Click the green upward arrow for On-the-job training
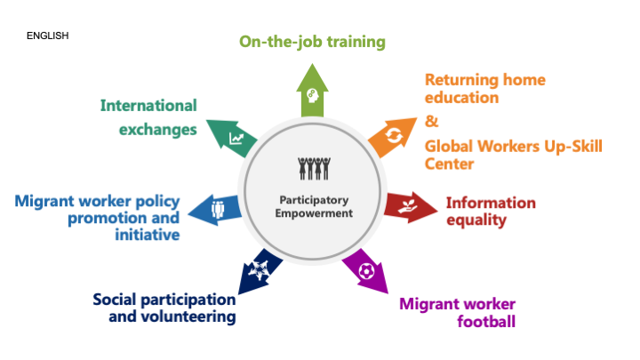[312, 92]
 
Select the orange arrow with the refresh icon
[393, 137]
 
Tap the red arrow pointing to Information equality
[410, 207]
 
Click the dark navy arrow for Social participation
[260, 271]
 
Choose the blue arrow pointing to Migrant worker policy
[215, 210]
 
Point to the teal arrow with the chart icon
[233, 138]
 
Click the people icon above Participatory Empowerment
[314, 169]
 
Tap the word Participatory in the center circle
[314, 200]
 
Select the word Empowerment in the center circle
[314, 213]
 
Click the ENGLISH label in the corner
[48, 36]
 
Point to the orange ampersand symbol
[431, 121]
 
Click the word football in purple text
[486, 321]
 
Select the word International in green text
[148, 106]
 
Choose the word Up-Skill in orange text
[573, 147]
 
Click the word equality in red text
[476, 220]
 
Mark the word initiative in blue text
[148, 235]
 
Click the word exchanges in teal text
[158, 130]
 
